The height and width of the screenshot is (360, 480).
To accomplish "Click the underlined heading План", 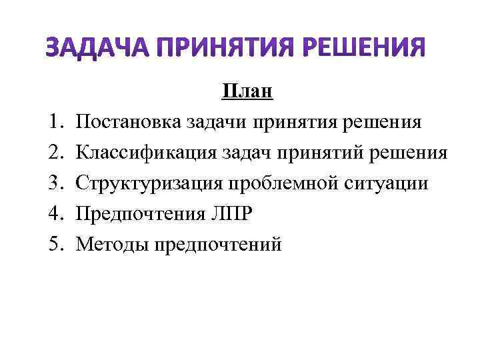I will click(247, 91).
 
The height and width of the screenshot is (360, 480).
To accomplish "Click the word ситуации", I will click(385, 184).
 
